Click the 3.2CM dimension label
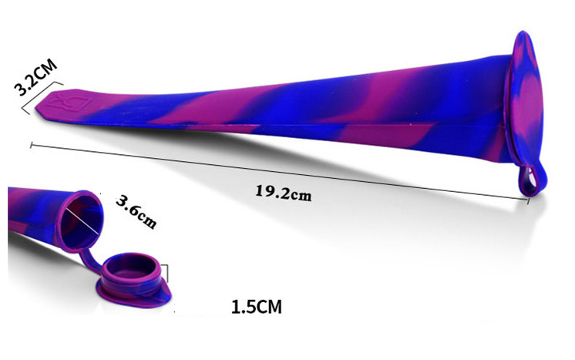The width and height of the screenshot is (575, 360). pos(35,77)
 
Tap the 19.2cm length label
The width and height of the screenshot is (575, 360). pos(283,193)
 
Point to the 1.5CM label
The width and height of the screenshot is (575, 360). pos(257,307)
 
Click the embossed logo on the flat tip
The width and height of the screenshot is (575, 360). pos(69,101)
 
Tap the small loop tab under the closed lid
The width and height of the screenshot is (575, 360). pos(532,180)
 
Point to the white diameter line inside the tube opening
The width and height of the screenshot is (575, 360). pos(82,221)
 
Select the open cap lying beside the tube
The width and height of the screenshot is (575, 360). pos(134,280)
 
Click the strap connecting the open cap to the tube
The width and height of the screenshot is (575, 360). pos(89,260)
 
